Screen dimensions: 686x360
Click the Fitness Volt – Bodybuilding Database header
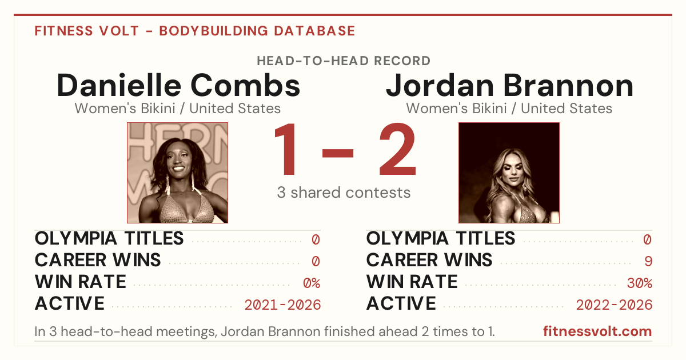195,31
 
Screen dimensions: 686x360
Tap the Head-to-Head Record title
344,61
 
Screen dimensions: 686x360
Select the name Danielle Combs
178,85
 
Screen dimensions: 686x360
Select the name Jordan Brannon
509,85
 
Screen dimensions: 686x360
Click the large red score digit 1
285,149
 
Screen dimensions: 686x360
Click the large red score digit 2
397,149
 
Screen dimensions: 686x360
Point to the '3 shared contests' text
344,193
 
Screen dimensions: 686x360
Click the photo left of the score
178,173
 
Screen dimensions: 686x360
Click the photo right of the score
509,173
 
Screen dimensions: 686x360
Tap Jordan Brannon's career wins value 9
648,261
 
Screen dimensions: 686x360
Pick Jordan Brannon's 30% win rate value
640,283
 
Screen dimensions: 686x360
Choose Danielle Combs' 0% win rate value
312,283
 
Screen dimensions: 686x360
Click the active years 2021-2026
282,305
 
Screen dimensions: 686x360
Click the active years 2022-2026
614,305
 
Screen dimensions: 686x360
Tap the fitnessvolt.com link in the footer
597,331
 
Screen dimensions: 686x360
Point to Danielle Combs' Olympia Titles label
109,238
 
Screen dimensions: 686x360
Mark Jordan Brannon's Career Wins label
429,260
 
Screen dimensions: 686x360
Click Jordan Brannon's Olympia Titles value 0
647,239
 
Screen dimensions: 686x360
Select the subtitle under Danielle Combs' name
178,109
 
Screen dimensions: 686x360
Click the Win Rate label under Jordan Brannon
412,282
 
